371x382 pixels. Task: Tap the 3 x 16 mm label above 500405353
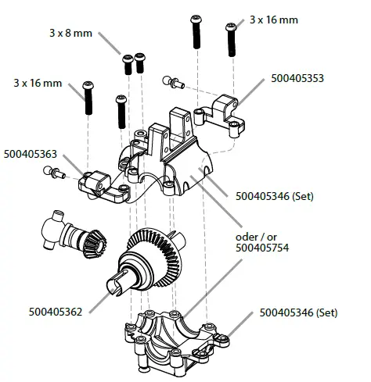tap(274, 19)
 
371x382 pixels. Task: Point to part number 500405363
tap(30, 154)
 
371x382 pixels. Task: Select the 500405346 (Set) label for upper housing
tap(276, 197)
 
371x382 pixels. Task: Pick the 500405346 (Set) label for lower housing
tap(298, 312)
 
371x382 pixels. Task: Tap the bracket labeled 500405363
tap(100, 183)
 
